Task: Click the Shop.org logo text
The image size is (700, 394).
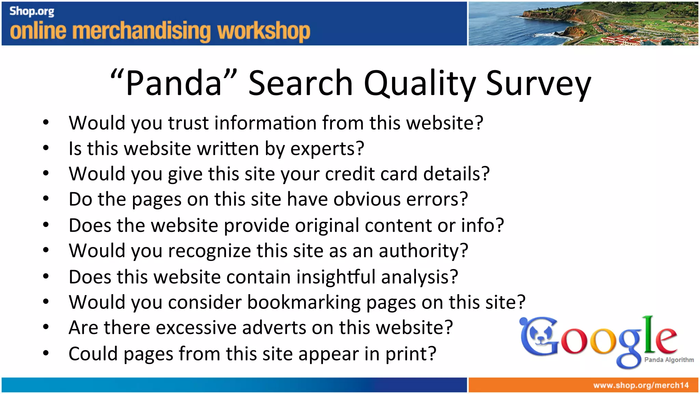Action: tap(32, 11)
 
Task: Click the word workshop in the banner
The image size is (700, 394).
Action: tap(264, 31)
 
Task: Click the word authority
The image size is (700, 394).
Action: tap(423, 251)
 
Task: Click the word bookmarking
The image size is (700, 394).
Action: tap(304, 302)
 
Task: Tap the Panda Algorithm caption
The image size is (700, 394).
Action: tap(669, 360)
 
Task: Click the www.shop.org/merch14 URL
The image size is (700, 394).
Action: tap(641, 385)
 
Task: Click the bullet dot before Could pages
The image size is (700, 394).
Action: tap(46, 353)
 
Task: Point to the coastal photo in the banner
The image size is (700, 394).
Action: tap(583, 23)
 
